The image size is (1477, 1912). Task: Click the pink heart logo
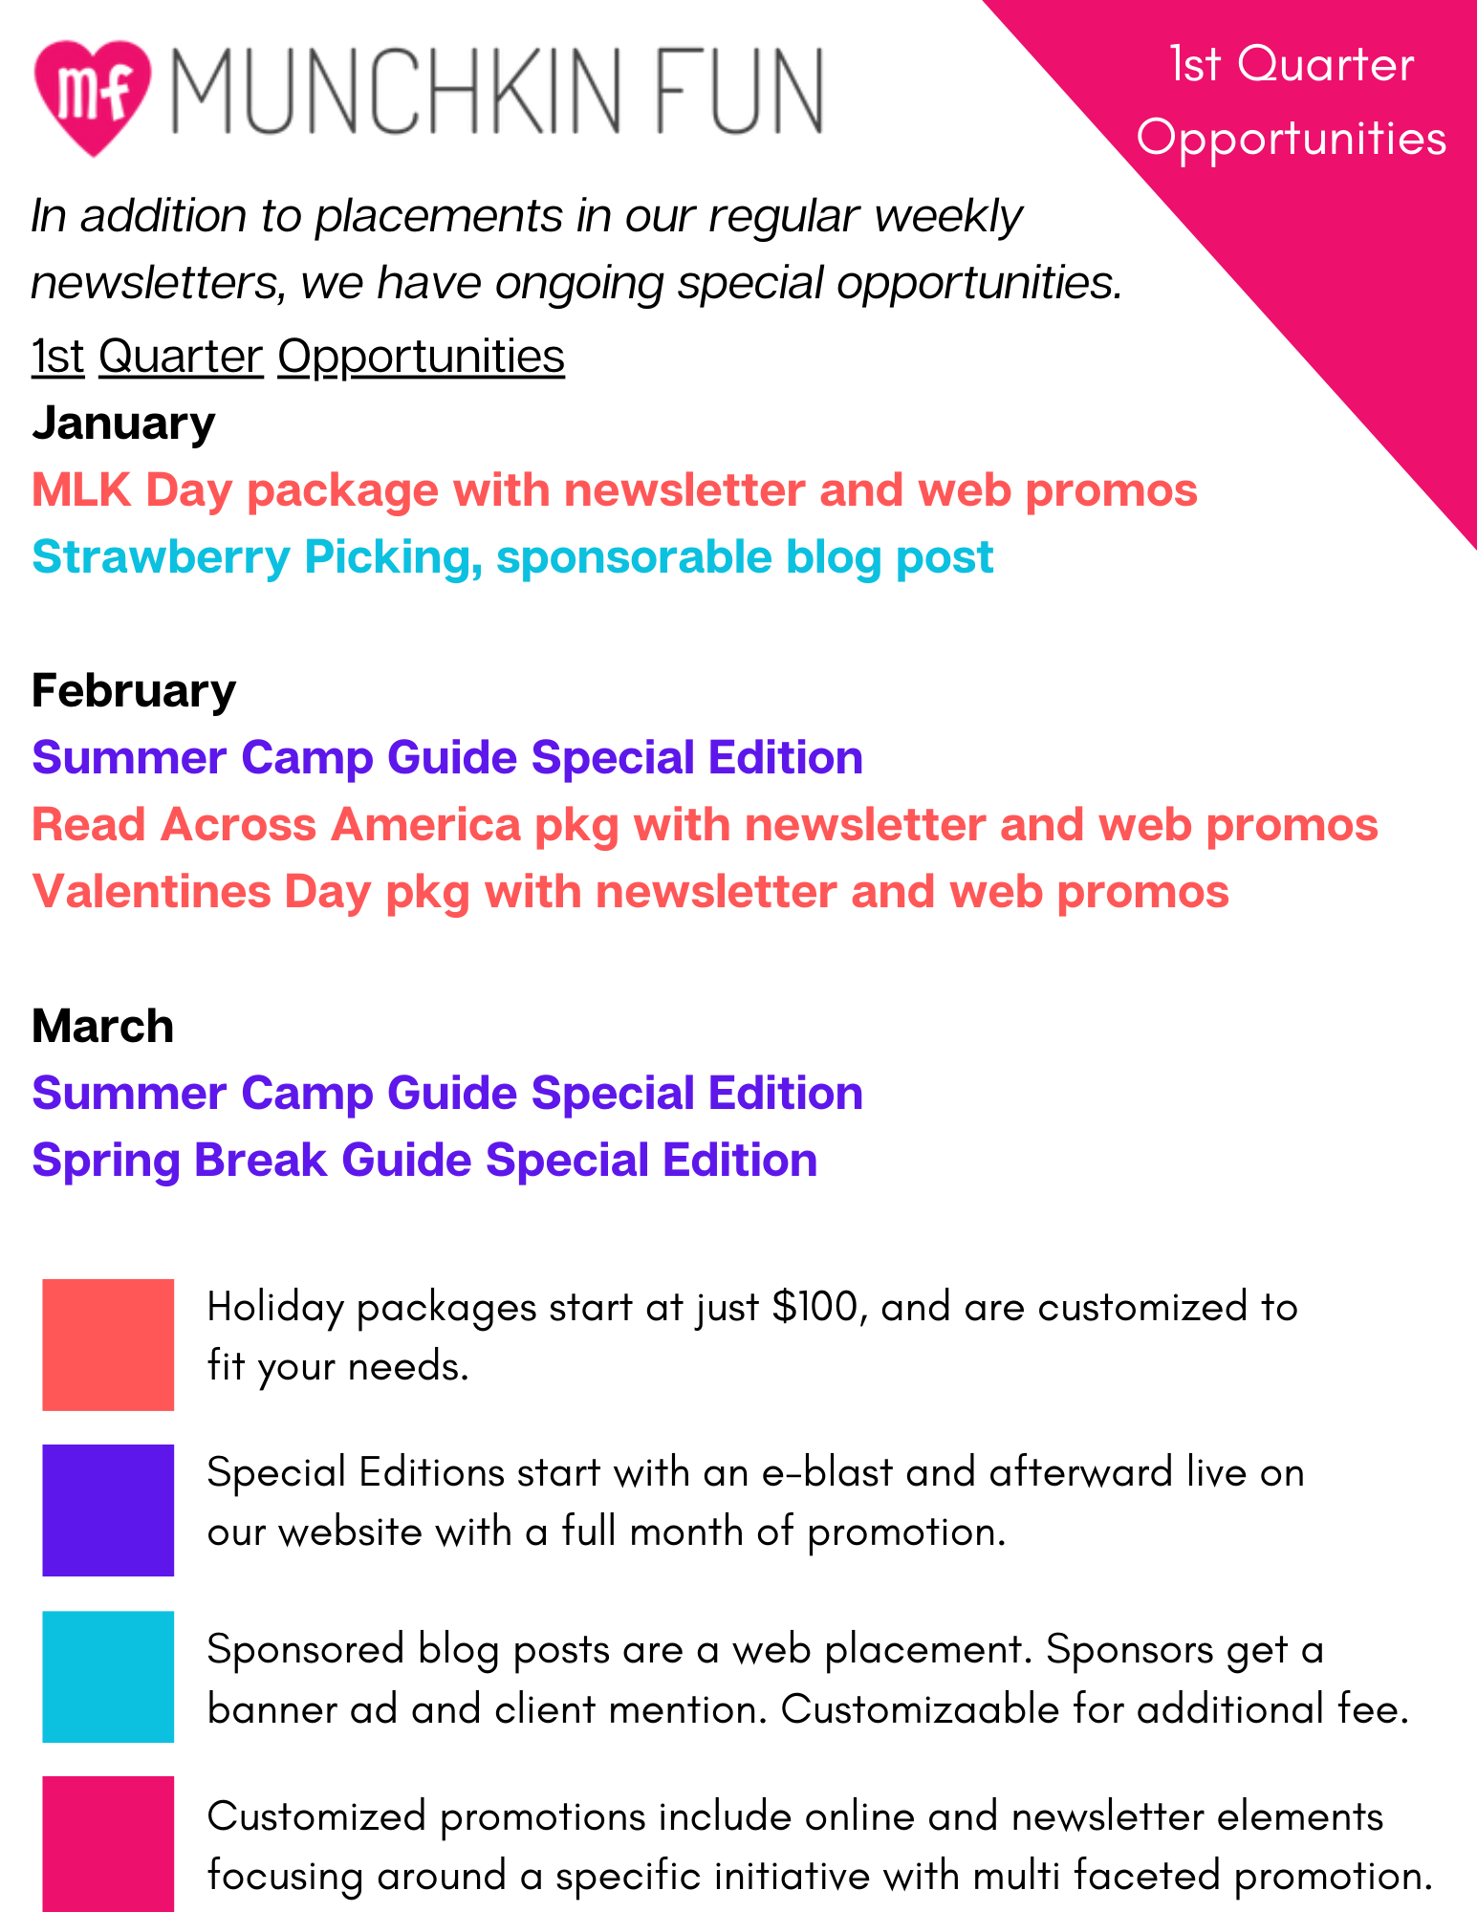(93, 97)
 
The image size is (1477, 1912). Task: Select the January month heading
(123, 424)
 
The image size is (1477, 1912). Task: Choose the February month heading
(134, 690)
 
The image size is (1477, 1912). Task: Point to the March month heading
(103, 1026)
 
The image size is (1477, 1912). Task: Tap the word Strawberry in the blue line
(161, 558)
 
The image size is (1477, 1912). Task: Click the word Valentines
(152, 892)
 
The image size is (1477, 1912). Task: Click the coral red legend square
(108, 1344)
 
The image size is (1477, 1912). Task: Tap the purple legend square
(108, 1510)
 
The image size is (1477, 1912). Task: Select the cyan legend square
(108, 1677)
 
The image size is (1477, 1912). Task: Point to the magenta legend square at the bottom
(108, 1844)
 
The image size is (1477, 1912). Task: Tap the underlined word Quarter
(181, 357)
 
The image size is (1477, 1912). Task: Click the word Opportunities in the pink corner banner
(1292, 140)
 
